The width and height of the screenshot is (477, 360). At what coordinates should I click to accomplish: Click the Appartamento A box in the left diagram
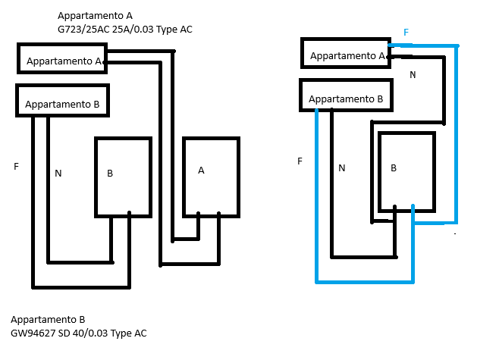(62, 59)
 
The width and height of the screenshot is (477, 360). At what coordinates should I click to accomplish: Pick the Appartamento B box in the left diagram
(62, 102)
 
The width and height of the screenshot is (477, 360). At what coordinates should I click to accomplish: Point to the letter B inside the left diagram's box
(110, 174)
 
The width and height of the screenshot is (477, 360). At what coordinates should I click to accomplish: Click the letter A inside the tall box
(201, 171)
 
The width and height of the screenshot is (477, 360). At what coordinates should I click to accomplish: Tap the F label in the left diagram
(16, 165)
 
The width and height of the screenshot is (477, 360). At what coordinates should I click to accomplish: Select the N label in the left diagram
(58, 174)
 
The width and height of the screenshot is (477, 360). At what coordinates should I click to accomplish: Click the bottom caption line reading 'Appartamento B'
(47, 320)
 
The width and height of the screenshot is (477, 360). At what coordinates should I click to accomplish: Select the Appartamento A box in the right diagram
(346, 55)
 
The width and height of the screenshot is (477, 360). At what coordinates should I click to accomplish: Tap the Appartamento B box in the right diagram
(346, 97)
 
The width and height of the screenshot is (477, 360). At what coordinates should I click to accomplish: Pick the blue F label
(406, 33)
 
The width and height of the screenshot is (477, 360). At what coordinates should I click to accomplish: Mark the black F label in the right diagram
(300, 161)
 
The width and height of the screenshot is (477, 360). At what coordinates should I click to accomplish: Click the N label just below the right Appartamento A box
(413, 74)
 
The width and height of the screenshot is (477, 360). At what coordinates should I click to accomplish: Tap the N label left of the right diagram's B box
(342, 167)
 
